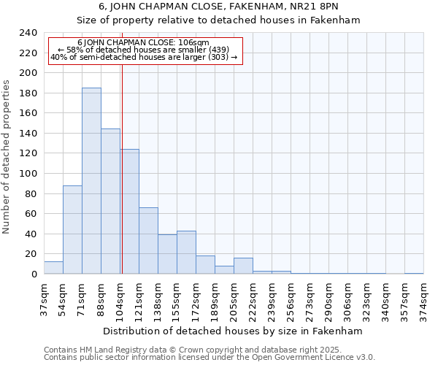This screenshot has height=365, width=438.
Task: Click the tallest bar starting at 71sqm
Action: (91, 181)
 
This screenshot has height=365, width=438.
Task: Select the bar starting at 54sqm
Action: (72, 230)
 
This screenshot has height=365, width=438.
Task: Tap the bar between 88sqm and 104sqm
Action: (110, 201)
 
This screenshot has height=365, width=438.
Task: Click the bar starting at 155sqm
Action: (186, 253)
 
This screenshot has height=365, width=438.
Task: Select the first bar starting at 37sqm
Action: (53, 268)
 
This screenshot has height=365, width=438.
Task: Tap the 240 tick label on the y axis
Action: (28, 33)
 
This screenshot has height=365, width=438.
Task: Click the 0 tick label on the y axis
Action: (34, 274)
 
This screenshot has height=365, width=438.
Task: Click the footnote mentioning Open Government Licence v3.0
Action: (210, 357)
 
